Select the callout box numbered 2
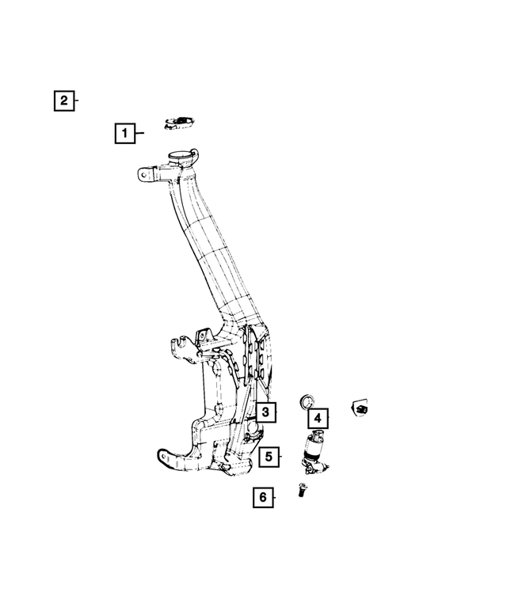pos(64,101)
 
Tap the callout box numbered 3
pos(265,412)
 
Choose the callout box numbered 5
pos(269,457)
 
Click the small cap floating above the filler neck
pos(180,121)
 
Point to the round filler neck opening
pos(181,156)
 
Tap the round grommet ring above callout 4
pos(306,399)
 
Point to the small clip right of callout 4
pos(361,408)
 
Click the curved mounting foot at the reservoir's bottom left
pos(170,459)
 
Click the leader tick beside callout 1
pos(140,134)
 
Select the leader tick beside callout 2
pos(78,101)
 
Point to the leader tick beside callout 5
pos(281,457)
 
